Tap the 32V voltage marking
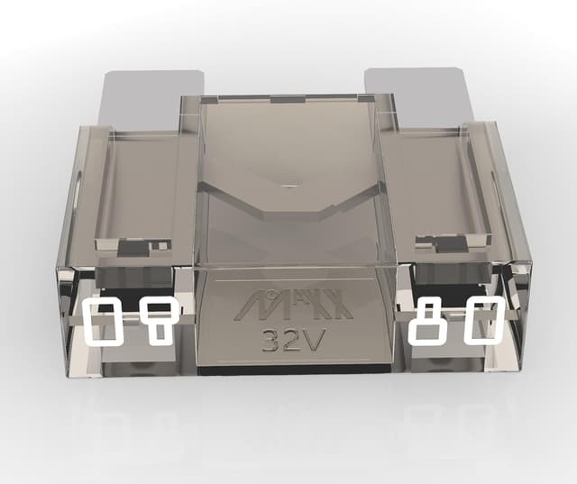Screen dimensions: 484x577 click(293, 339)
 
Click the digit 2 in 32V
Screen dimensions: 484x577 click(292, 339)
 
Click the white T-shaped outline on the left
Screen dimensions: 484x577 click(158, 321)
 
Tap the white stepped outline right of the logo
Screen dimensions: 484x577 click(426, 323)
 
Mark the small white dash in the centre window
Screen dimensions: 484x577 click(288, 186)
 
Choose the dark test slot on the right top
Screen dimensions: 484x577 click(443, 241)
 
